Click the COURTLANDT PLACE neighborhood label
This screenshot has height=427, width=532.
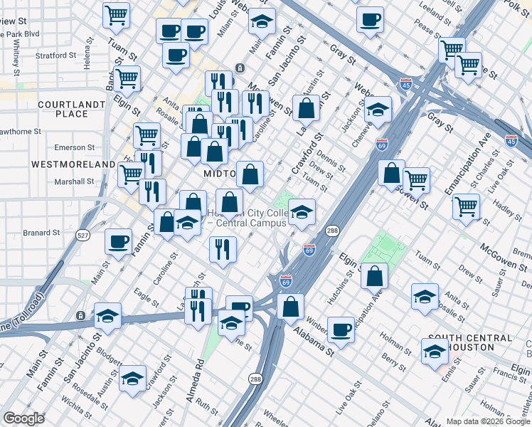click(x=63, y=109)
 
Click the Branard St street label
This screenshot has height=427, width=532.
click(x=41, y=232)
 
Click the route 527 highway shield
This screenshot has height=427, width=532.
click(x=83, y=236)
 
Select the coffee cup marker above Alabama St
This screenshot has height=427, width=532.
click(x=341, y=329)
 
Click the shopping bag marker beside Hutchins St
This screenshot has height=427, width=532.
click(x=374, y=275)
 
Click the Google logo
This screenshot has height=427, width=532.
click(x=24, y=418)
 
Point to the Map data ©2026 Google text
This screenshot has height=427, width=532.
click(x=488, y=421)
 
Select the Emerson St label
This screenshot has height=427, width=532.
click(x=75, y=147)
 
